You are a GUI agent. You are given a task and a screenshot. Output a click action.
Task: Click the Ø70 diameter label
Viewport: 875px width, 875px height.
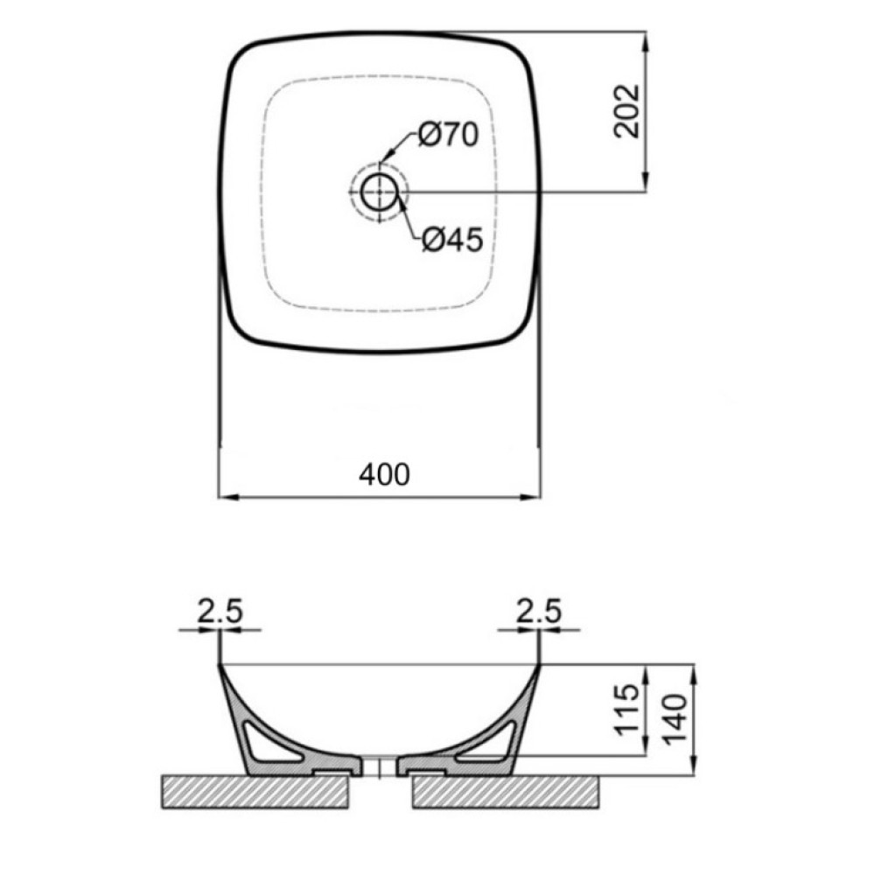pos(448,135)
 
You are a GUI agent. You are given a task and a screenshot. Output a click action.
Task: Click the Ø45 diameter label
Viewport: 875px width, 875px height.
pos(452,241)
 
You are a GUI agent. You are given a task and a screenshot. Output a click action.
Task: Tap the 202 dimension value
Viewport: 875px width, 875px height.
pos(626,111)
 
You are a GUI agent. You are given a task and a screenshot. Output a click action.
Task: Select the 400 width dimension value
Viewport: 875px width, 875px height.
pos(384,475)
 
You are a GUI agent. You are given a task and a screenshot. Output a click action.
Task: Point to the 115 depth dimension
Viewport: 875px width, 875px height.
pos(626,710)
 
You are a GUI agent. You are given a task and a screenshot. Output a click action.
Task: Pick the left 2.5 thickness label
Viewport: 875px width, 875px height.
pos(220,611)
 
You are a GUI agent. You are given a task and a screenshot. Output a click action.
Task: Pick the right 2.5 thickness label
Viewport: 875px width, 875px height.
pos(538,611)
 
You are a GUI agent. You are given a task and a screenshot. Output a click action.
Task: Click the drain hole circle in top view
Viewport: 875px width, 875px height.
pos(380,192)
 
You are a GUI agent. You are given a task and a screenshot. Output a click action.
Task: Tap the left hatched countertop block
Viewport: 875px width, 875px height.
pos(255,792)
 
